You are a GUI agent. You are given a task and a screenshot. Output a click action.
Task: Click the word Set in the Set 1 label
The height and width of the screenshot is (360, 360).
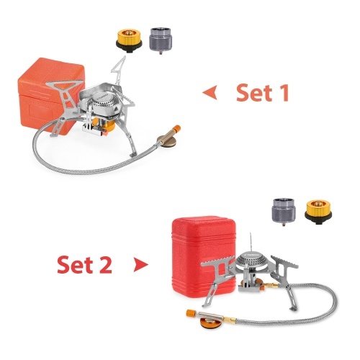click(255, 93)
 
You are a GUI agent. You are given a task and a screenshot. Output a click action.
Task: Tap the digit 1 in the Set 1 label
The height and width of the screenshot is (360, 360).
click(284, 93)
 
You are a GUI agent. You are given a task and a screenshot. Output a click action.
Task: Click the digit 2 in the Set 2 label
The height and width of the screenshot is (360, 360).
click(104, 265)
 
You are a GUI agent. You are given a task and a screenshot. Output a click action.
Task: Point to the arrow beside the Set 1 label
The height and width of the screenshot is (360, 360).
click(210, 92)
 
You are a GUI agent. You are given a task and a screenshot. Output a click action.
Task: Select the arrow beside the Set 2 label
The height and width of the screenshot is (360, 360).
click(141, 265)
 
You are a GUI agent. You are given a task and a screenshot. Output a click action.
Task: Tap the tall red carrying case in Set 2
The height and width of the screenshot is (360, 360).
click(203, 257)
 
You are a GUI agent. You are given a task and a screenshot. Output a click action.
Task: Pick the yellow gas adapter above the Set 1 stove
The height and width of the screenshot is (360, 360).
click(129, 40)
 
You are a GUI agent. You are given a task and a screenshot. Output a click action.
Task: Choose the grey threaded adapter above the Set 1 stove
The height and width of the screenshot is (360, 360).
click(160, 40)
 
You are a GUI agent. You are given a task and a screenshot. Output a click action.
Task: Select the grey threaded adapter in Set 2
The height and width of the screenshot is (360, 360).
click(284, 212)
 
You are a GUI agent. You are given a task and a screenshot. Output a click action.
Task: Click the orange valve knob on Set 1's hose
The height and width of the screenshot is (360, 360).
click(177, 128)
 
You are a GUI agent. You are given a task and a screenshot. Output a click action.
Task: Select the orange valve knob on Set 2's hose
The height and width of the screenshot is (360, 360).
click(190, 313)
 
